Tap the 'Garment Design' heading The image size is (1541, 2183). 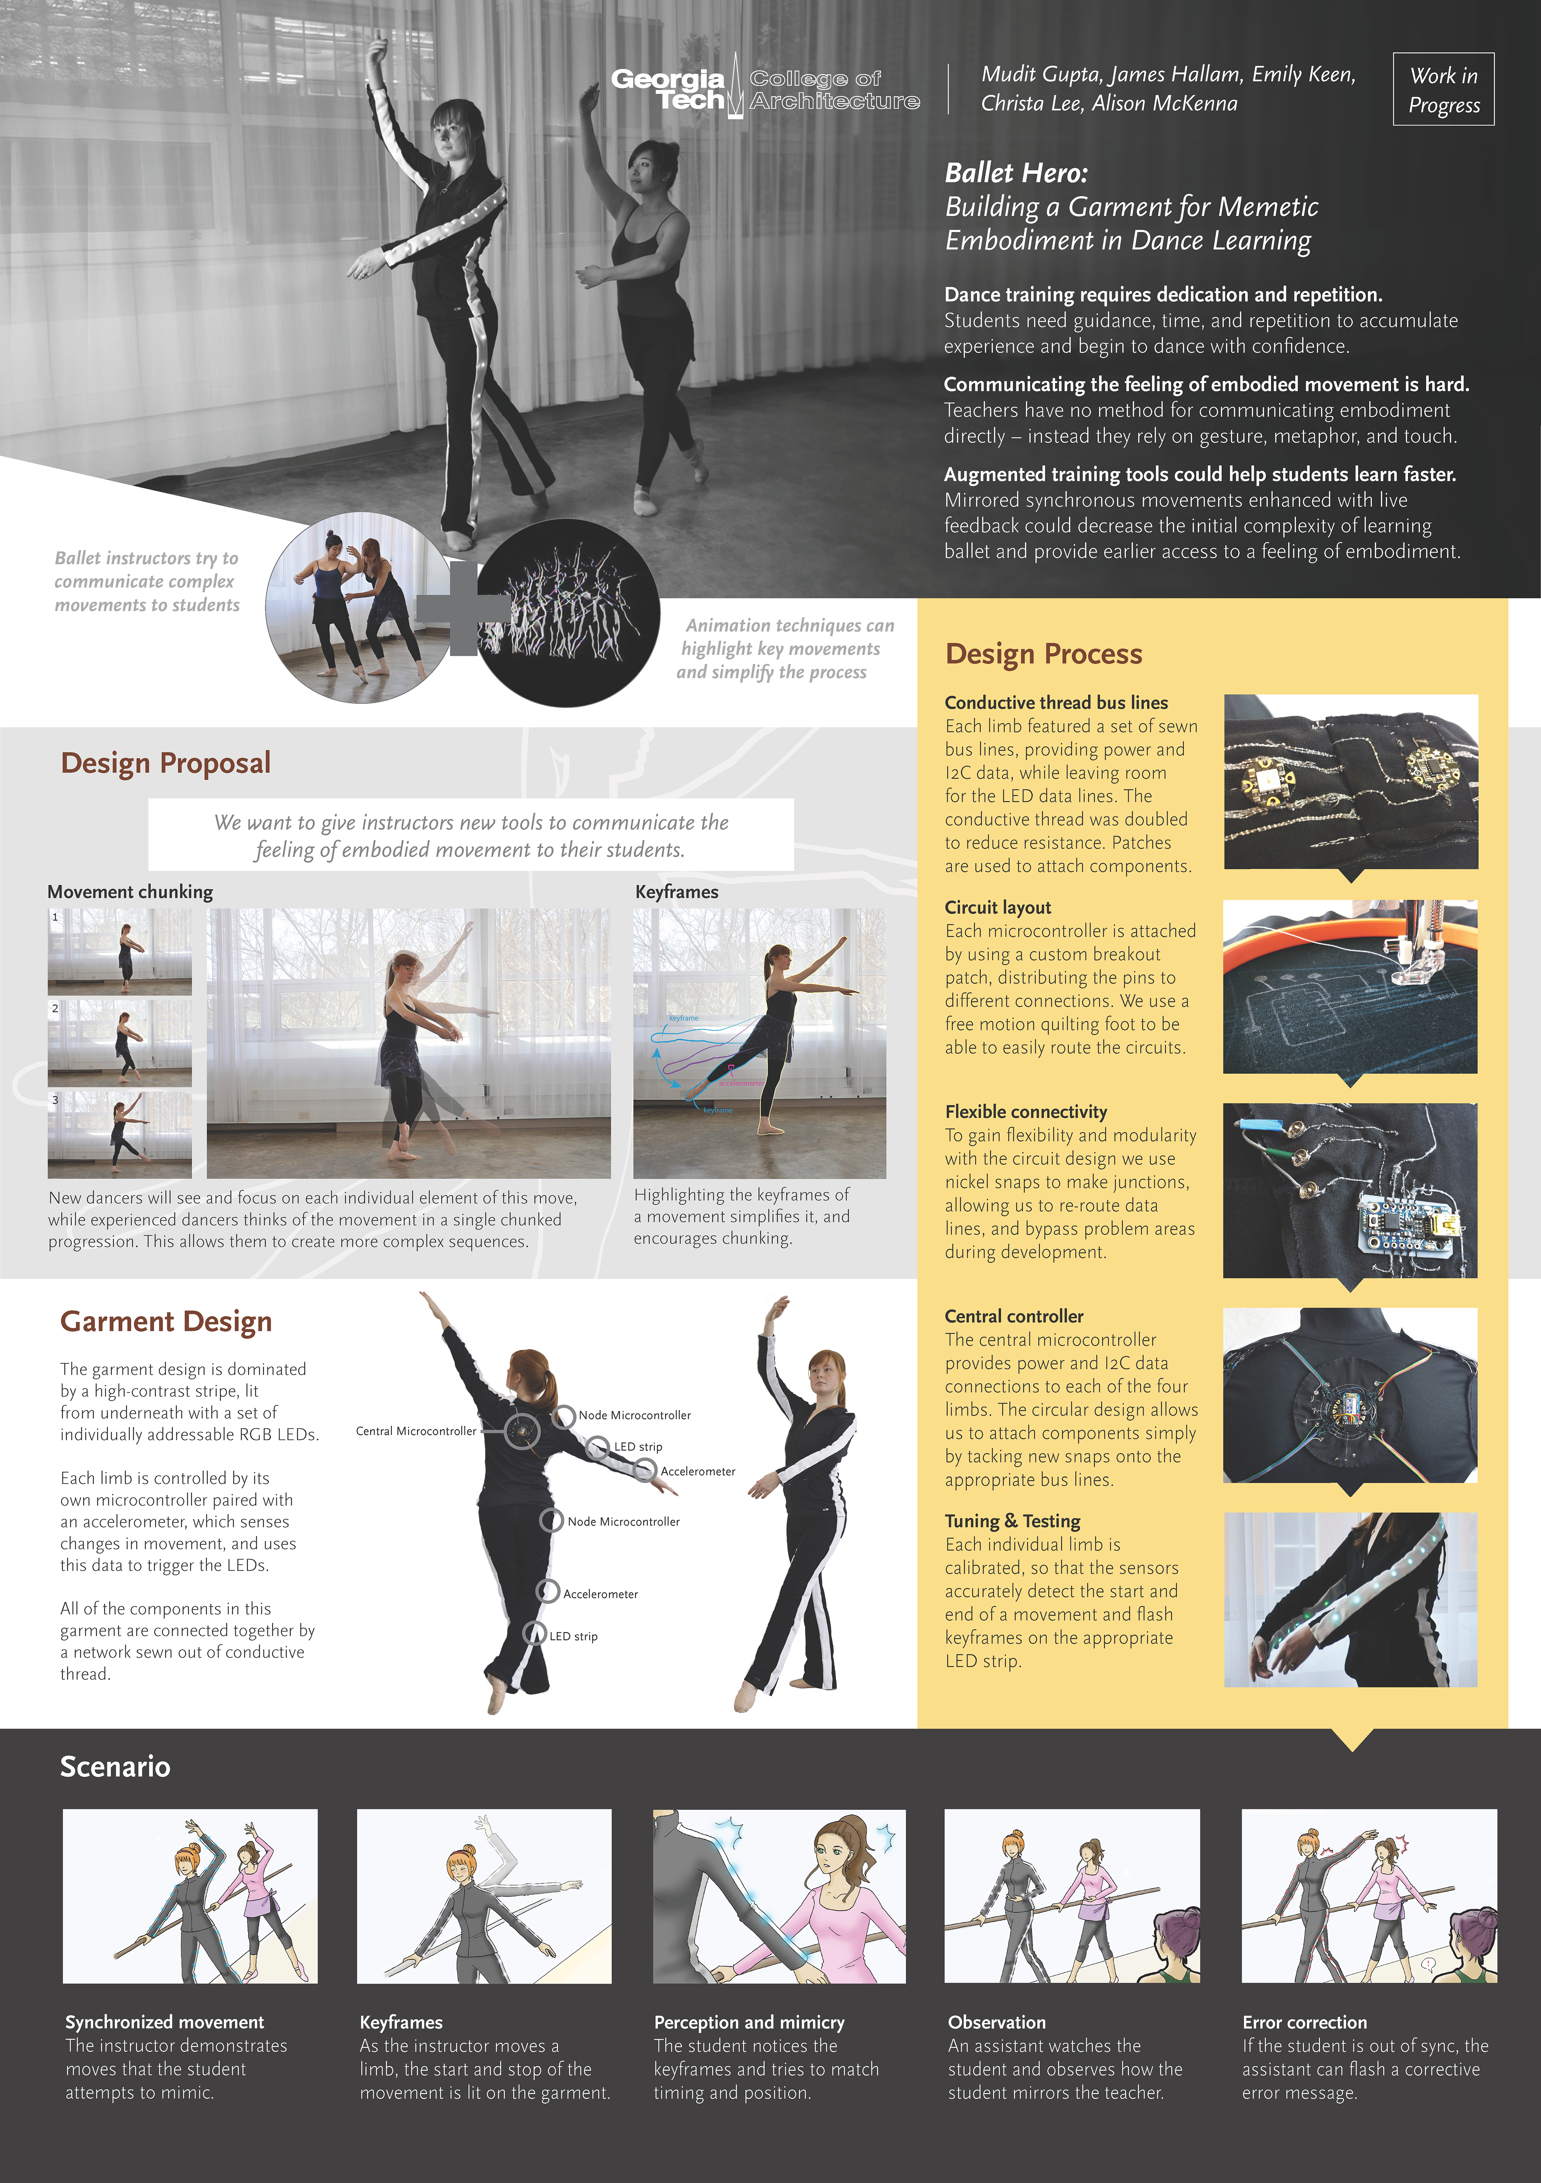point(167,1321)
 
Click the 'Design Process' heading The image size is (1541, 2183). point(1044,654)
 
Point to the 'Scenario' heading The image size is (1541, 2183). point(115,1766)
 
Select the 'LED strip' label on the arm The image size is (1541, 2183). point(638,1447)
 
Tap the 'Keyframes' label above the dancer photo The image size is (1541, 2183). point(677,892)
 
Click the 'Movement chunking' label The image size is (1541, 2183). point(130,892)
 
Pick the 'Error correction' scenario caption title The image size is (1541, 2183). point(1304,2022)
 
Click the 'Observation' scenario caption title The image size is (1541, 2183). point(996,2022)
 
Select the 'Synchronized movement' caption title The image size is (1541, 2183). point(165,2022)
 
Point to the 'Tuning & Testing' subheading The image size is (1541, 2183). point(1012,1521)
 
